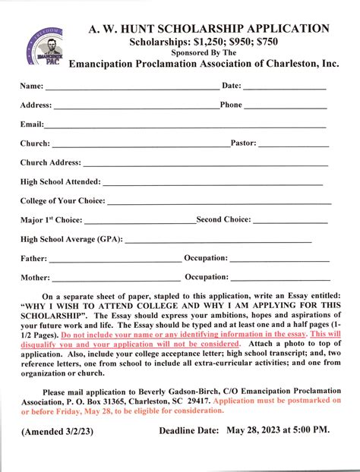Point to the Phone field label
231,105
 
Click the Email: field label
32,124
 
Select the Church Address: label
50,162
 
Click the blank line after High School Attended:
213,183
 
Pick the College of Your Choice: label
63,200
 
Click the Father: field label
33,258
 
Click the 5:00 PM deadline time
312,430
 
